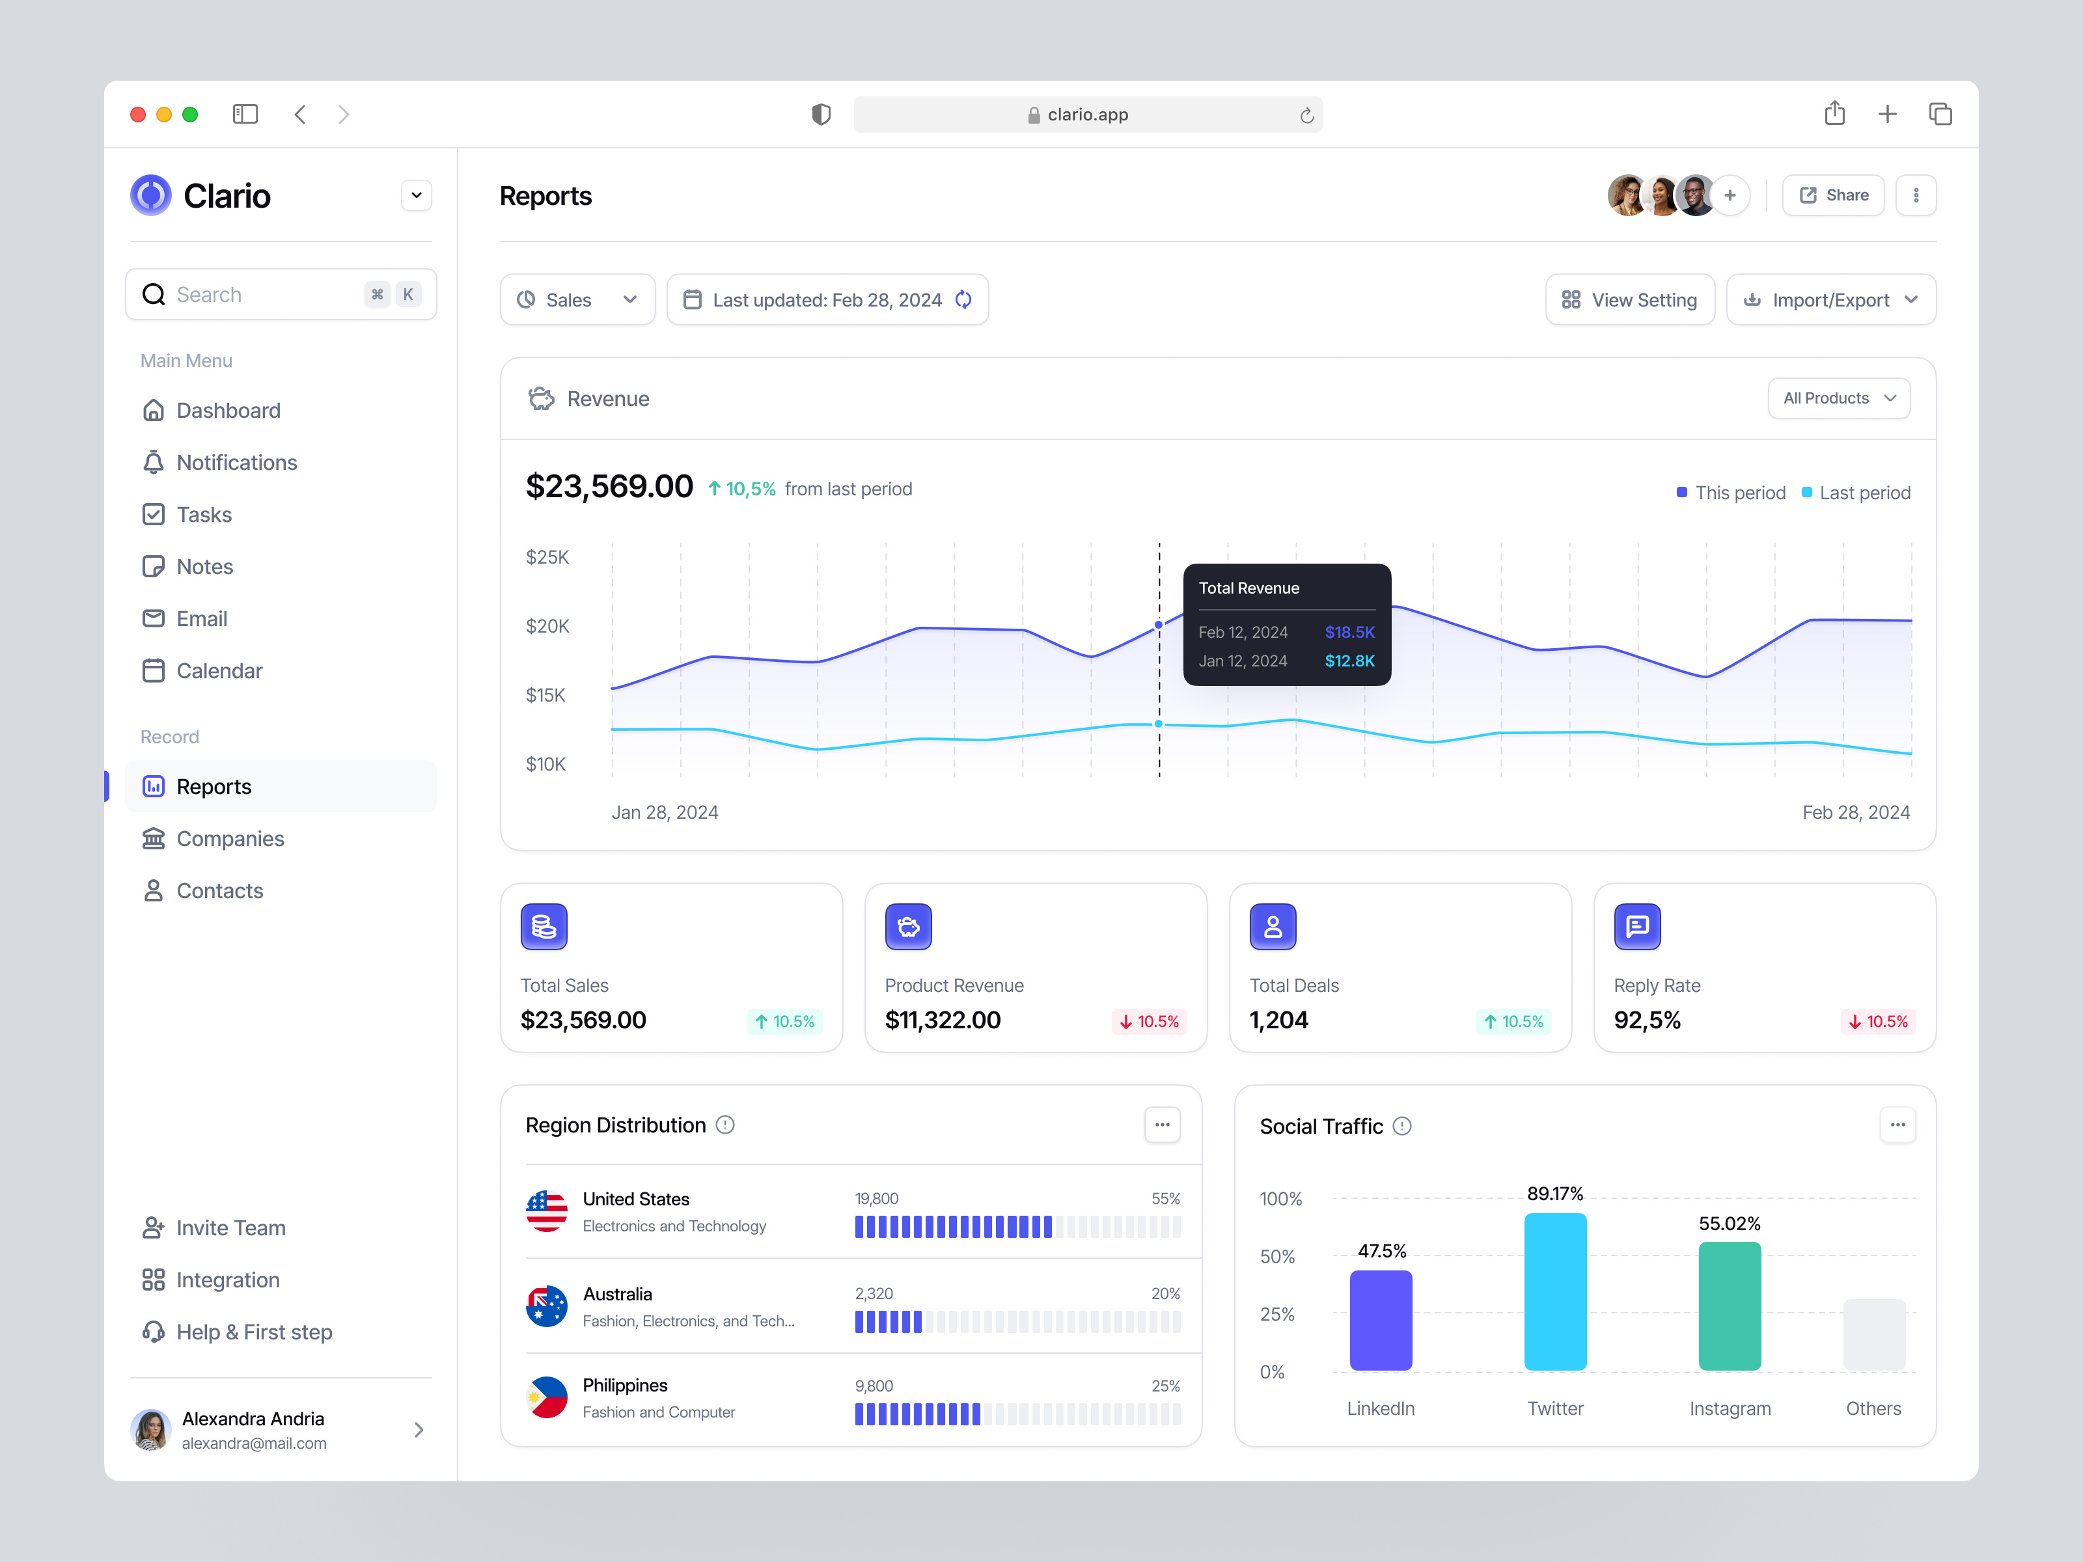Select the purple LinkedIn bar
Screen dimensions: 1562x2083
pyautogui.click(x=1381, y=1320)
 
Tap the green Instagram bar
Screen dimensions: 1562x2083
pyautogui.click(x=1729, y=1306)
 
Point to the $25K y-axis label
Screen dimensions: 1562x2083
pyautogui.click(x=547, y=557)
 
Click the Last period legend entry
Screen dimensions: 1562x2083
pyautogui.click(x=1855, y=493)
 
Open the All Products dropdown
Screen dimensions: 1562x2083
pyautogui.click(x=1838, y=398)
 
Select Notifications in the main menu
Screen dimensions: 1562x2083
pyautogui.click(x=236, y=462)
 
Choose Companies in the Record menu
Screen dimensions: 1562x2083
pyautogui.click(x=230, y=839)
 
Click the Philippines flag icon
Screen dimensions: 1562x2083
pyautogui.click(x=546, y=1398)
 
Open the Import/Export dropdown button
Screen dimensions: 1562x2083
pyautogui.click(x=1830, y=300)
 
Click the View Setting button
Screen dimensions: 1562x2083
pyautogui.click(x=1629, y=300)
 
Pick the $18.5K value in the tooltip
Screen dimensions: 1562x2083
pyautogui.click(x=1349, y=633)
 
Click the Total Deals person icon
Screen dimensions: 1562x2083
pyautogui.click(x=1272, y=927)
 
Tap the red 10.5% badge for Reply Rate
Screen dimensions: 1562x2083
pyautogui.click(x=1878, y=1022)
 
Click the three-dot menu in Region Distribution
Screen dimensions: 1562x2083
pyautogui.click(x=1162, y=1125)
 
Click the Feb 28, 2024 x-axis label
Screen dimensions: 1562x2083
pyautogui.click(x=1855, y=812)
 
